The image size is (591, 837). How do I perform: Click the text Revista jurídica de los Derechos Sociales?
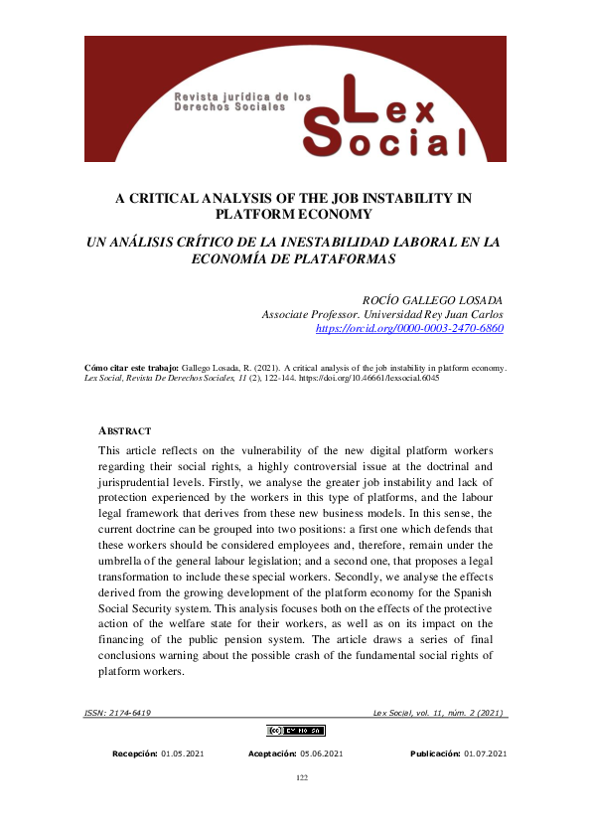click(242, 101)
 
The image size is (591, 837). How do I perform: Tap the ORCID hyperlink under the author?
click(409, 327)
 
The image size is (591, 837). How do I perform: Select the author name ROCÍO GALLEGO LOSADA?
click(435, 299)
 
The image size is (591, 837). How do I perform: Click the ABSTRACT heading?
click(125, 430)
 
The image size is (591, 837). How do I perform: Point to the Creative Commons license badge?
click(295, 731)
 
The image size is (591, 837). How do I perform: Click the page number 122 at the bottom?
click(303, 777)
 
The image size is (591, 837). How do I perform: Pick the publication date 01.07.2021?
click(485, 754)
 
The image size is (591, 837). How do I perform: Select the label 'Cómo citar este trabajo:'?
click(131, 367)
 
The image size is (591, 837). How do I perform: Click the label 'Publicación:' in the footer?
click(435, 754)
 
